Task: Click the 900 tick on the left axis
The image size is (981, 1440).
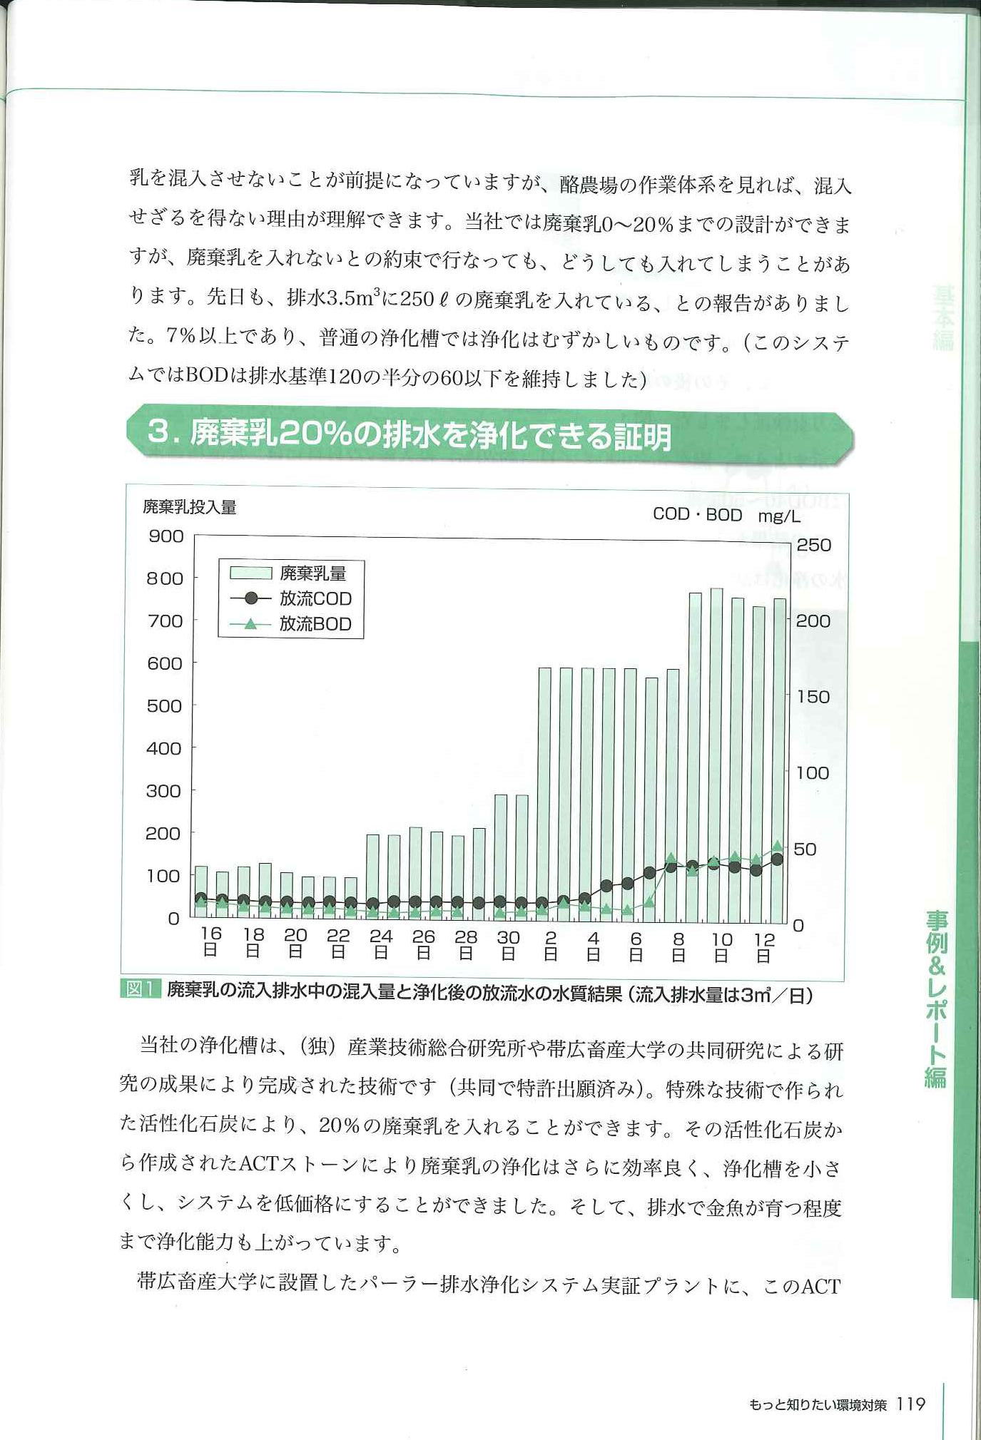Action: (166, 536)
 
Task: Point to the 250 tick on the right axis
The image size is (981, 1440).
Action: (813, 546)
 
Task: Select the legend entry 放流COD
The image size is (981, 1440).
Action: (291, 598)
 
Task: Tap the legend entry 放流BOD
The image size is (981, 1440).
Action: (291, 624)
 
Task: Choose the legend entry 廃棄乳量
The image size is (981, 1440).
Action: (288, 573)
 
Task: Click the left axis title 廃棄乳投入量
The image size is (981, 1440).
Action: (190, 507)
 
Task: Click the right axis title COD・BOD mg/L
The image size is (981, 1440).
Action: (726, 515)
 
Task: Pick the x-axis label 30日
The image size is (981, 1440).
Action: (508, 944)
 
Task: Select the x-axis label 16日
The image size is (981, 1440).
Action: (210, 941)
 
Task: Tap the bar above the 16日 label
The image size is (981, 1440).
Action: (201, 892)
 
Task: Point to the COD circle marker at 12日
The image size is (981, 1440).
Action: (778, 859)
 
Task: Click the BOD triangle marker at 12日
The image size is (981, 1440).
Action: (778, 847)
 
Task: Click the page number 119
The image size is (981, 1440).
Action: (911, 1404)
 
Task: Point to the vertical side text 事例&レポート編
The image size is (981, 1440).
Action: (936, 999)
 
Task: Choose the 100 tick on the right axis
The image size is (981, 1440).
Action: (813, 773)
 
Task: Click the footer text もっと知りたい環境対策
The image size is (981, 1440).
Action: (818, 1405)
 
